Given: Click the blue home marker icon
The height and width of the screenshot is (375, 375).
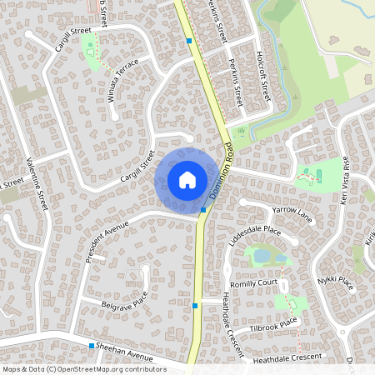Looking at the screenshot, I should click(187, 179).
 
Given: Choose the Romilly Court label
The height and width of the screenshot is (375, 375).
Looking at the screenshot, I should click(254, 283).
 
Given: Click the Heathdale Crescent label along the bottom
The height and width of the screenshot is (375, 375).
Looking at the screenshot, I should click(288, 357).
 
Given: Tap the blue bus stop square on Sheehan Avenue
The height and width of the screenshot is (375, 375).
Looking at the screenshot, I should click(92, 345).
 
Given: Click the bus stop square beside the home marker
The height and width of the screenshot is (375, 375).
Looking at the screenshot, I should click(203, 210).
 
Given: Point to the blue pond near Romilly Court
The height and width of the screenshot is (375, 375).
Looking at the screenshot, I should click(262, 256).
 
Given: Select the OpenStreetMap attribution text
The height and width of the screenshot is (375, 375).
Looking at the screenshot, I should click(84, 368).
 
